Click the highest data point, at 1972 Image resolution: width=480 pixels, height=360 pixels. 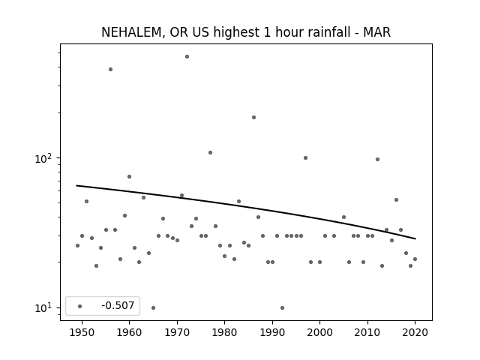(187, 57)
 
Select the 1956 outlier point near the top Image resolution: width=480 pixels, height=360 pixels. (110, 70)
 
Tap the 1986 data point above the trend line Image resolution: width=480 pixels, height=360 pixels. (253, 117)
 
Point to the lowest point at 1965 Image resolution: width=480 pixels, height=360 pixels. (153, 307)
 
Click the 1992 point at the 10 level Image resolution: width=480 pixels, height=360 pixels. (282, 307)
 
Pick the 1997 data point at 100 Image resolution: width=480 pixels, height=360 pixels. (305, 158)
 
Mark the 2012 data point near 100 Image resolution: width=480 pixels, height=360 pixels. (377, 159)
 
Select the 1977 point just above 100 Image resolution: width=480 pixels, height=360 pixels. (210, 152)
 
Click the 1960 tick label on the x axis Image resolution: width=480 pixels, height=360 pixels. (129, 332)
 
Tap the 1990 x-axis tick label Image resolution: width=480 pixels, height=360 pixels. (272, 332)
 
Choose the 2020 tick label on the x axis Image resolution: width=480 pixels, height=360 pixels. (415, 332)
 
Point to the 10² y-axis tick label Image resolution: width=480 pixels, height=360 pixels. (44, 158)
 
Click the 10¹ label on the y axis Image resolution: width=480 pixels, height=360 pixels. (44, 308)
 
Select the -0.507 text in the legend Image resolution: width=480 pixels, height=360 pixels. (118, 305)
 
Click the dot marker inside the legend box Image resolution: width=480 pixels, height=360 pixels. (80, 306)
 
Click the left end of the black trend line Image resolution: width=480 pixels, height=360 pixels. (76, 185)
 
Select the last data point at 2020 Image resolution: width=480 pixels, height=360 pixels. (415, 259)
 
